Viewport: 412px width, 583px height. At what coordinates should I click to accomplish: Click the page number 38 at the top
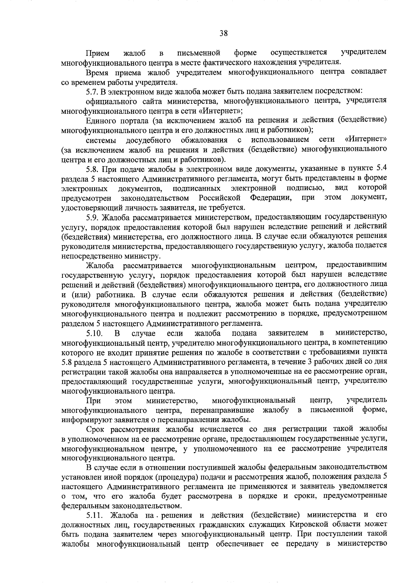click(224, 33)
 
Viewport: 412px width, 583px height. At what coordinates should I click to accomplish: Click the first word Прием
click(98, 53)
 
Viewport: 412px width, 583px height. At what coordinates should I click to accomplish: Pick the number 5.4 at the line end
click(382, 168)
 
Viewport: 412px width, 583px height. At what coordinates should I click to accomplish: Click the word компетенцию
click(365, 343)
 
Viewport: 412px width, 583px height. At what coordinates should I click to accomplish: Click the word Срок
click(95, 429)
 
